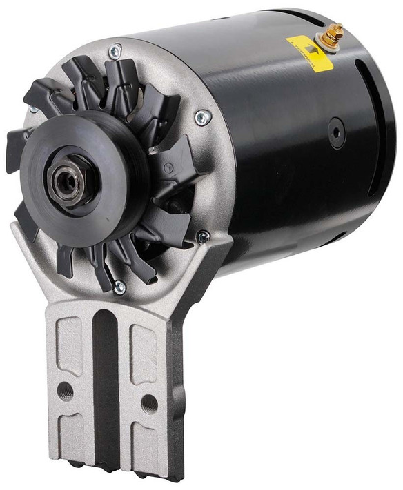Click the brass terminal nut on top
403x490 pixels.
click(x=333, y=30)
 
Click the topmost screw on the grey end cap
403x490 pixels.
click(x=115, y=50)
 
